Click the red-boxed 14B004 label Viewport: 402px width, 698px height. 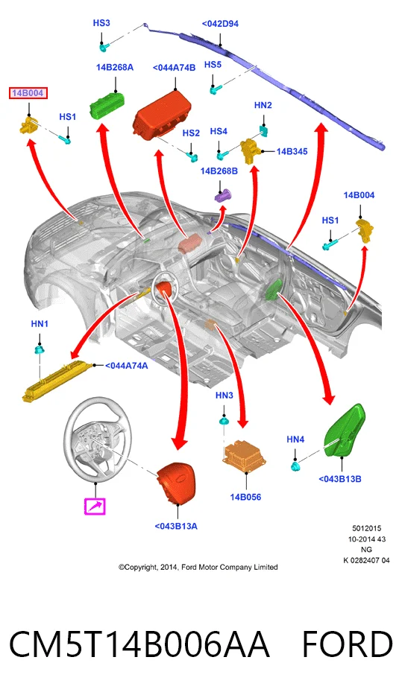[x=28, y=93]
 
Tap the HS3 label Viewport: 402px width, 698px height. [x=101, y=22]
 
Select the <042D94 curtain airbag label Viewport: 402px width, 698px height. [x=220, y=24]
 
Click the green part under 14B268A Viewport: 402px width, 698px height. [x=107, y=106]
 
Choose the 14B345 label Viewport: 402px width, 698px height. [x=292, y=151]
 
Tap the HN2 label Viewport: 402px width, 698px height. [x=263, y=105]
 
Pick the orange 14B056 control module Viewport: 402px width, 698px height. [x=245, y=454]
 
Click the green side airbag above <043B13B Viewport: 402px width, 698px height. [x=345, y=431]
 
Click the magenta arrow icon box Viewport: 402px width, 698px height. [x=95, y=506]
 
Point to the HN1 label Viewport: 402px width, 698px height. [x=40, y=323]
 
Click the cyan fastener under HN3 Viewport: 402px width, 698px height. [x=223, y=421]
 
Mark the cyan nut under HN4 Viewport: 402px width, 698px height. [x=295, y=466]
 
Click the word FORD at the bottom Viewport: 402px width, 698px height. [x=348, y=644]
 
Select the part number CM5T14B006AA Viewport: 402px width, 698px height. [x=139, y=644]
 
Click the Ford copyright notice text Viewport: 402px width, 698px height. [x=198, y=567]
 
